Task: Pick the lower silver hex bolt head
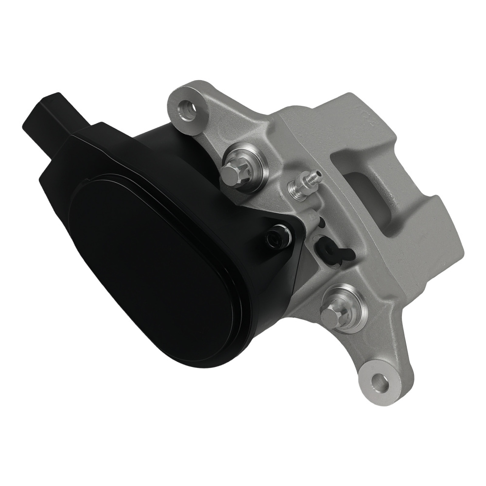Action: (x=331, y=315)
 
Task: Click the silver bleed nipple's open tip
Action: (x=318, y=174)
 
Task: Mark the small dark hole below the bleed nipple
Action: (x=321, y=223)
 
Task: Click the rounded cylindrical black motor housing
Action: (x=160, y=146)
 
